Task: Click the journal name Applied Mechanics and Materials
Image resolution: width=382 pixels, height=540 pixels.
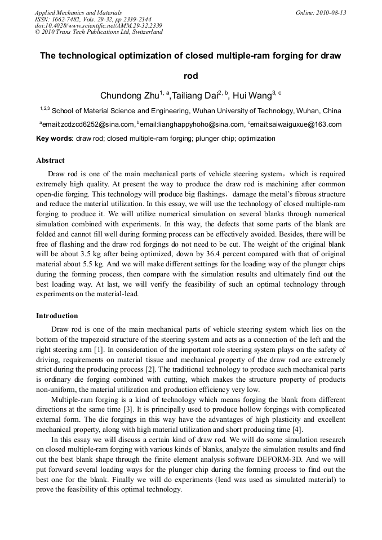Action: tap(78, 12)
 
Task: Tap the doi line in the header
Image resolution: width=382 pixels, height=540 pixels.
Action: tap(98, 25)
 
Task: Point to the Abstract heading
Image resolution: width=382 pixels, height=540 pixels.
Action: tap(50, 160)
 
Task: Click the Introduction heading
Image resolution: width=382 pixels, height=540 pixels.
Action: tap(57, 316)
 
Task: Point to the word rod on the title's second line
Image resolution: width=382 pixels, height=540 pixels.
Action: tap(191, 76)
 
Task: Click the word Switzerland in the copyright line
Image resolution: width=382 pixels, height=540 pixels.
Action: tap(145, 32)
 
